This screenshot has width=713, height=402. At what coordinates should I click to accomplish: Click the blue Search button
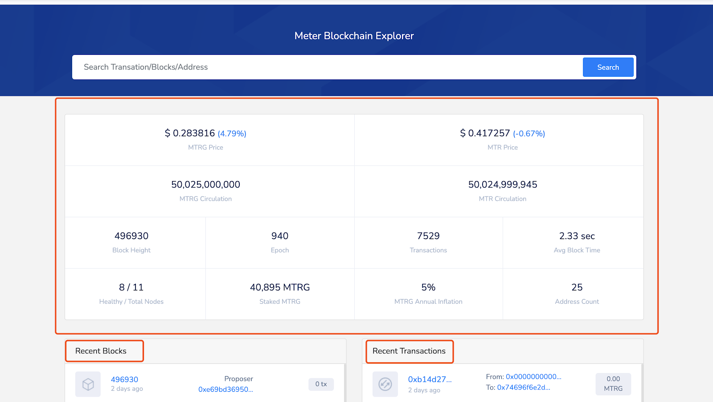(608, 67)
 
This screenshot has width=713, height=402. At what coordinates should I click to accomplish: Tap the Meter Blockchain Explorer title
(354, 36)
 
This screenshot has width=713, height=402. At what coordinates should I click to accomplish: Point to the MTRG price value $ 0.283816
(190, 133)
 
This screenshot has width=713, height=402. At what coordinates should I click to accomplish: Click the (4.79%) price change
(232, 133)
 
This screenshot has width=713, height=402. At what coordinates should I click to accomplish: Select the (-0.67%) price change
(529, 133)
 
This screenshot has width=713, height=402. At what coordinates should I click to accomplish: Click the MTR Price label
(503, 147)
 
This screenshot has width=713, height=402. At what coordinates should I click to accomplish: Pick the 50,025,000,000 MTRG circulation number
(205, 185)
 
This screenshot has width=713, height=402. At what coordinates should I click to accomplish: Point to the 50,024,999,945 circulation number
(503, 185)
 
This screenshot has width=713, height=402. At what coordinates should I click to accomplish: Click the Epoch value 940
(280, 236)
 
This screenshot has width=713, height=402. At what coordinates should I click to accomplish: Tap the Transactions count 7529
(428, 236)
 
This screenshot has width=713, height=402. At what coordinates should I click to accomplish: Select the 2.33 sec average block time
(577, 236)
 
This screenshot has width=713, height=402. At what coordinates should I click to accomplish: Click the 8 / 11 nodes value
(131, 287)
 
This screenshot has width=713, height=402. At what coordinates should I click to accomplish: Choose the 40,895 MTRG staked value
(280, 287)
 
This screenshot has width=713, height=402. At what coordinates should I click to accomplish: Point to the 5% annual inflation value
(428, 287)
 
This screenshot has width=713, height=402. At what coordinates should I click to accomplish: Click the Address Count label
(577, 302)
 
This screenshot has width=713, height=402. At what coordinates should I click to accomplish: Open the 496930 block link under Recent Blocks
(124, 380)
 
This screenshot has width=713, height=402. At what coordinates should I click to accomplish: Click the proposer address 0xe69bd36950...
(225, 390)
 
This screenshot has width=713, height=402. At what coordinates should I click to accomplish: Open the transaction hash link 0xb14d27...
(430, 380)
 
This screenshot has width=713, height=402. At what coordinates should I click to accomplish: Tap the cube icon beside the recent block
(88, 384)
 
